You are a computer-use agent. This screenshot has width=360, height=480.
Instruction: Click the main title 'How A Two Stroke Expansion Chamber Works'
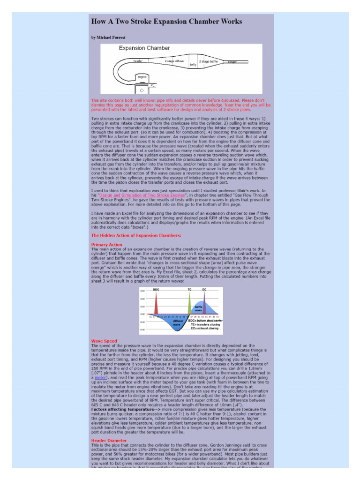pos(166,22)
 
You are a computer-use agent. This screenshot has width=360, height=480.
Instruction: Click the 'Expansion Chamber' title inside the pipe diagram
pos(137,48)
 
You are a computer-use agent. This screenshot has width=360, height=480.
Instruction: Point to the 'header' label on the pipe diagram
pos(138,61)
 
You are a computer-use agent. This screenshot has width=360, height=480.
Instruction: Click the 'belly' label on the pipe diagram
pos(193,65)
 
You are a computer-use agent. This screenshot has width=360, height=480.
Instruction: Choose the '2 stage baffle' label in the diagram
pos(208,61)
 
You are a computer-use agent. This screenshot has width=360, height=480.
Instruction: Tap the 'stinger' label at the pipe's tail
pos(232,61)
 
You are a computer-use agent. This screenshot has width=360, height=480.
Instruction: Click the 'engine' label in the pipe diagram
pos(142,76)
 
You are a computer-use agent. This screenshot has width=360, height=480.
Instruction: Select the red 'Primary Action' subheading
pos(106,245)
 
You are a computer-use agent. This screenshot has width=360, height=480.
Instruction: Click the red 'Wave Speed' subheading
pos(104,341)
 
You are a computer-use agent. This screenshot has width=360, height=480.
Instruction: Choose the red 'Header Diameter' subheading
pos(109,441)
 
